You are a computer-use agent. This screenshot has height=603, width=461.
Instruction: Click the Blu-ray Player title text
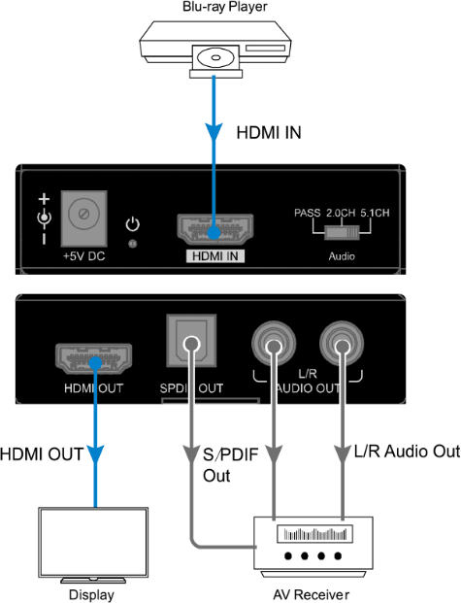point(224,7)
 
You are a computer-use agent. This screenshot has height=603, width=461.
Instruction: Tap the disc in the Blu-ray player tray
point(215,58)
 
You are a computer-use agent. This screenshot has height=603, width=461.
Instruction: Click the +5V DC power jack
point(83,218)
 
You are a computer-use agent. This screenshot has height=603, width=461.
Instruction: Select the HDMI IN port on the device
point(214,229)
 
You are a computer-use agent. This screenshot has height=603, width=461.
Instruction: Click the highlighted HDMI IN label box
point(215,256)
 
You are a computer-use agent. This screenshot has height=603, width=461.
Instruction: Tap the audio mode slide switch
point(342,233)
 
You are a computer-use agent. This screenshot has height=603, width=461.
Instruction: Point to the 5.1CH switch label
point(375,213)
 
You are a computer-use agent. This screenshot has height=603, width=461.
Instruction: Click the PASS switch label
point(308,213)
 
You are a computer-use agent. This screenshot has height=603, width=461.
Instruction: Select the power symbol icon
point(133,224)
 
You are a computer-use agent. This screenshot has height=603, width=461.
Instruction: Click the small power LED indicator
point(133,244)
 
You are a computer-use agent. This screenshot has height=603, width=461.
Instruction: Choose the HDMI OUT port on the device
point(94,359)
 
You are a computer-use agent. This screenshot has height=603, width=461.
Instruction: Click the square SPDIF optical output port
point(191,341)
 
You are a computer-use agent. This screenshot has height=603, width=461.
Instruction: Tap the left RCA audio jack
point(274,344)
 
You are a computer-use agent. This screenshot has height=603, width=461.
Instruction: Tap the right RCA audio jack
point(342,344)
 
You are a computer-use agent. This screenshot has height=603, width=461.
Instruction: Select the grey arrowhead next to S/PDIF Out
point(191,455)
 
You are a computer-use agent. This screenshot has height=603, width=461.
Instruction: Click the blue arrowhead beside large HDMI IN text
point(214,133)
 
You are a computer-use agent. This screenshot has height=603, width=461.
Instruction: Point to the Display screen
point(93,542)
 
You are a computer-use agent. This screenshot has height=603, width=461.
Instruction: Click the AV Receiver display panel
point(314,534)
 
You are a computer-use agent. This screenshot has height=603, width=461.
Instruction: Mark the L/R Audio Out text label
point(407,452)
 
